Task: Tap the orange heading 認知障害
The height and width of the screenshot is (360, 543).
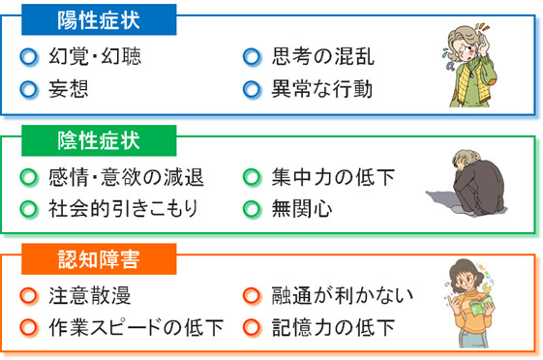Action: [94, 258]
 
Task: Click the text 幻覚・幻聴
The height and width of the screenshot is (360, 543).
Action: [94, 56]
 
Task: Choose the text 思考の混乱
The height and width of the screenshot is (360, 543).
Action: [322, 56]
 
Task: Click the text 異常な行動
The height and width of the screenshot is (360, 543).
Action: [322, 90]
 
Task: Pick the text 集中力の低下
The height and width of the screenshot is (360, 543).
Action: [333, 178]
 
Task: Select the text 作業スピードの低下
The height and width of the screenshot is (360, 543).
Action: [136, 327]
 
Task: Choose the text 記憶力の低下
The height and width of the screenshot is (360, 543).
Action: [333, 327]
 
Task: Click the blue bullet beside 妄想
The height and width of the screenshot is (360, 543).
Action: [29, 90]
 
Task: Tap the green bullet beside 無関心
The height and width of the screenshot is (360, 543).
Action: [252, 208]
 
